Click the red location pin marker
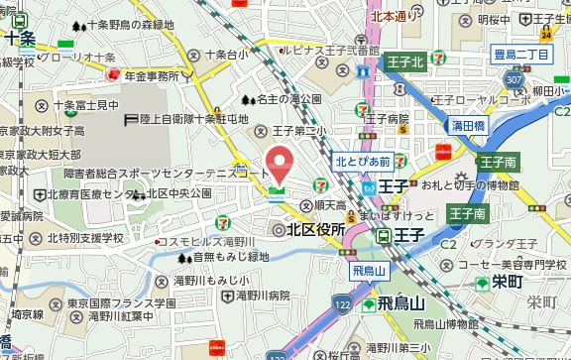pos(281,162)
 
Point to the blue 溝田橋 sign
pos(467,125)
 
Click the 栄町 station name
pos(507,282)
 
